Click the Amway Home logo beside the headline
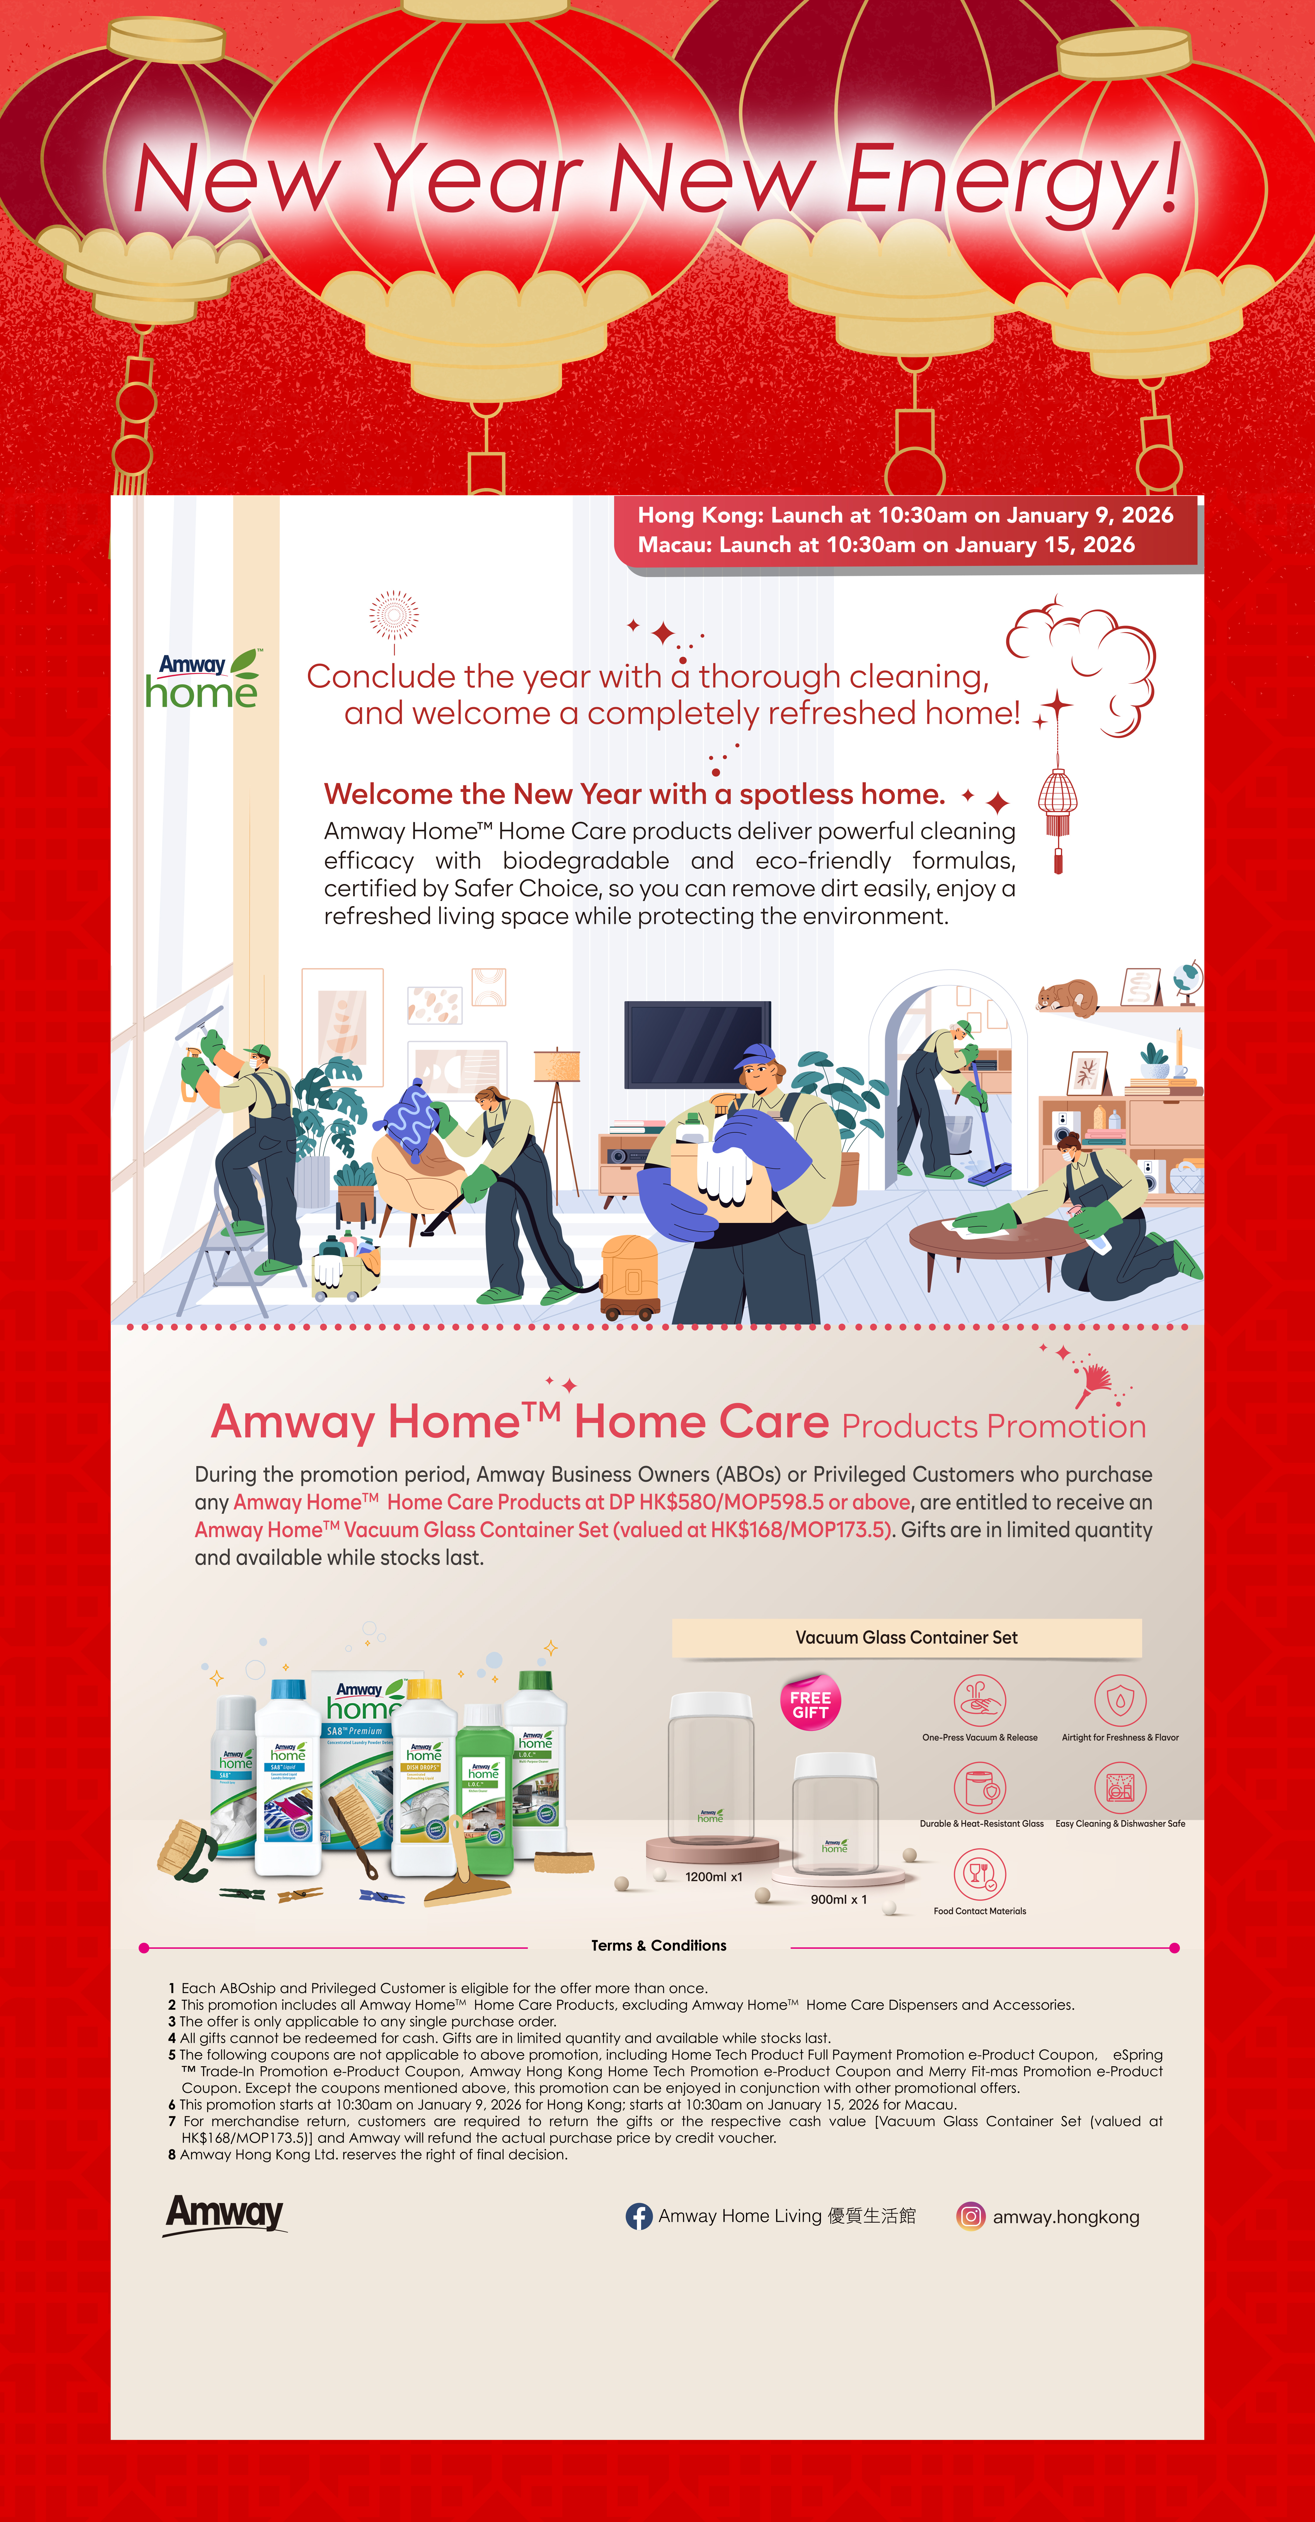pos(202,680)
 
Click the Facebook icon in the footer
pos(638,2216)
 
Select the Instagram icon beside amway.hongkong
pos(969,2216)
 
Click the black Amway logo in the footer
pos(225,2214)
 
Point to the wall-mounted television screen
pos(697,1044)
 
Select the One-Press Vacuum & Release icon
pos(979,1701)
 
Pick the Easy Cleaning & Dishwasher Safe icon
pos(1119,1788)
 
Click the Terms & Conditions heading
pos(658,1945)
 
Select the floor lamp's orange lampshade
pos(557,1064)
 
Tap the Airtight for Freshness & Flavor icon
pos(1119,1701)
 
